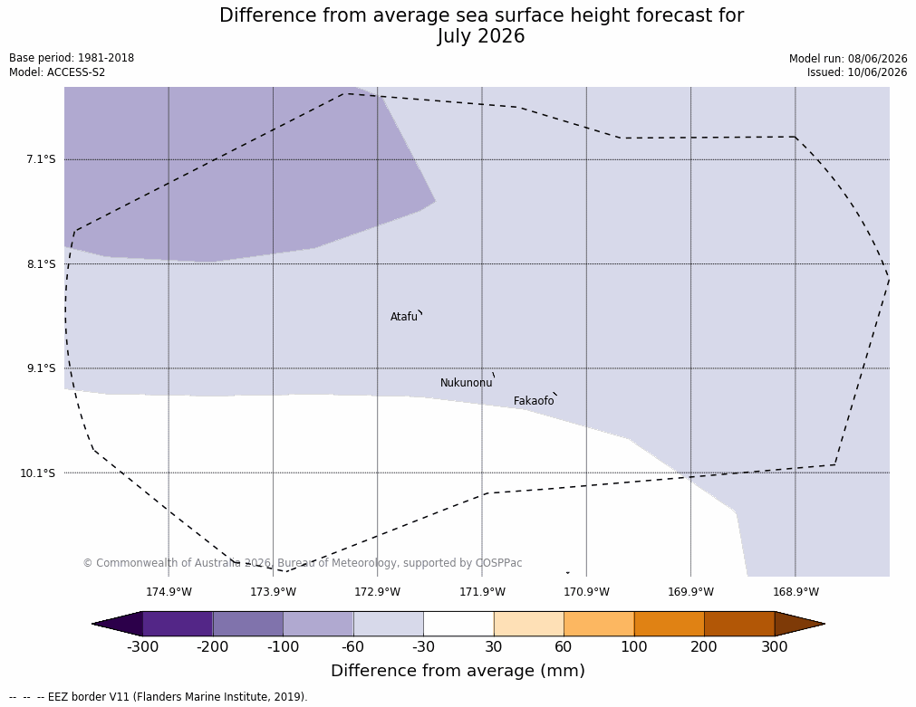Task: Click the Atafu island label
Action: coord(404,317)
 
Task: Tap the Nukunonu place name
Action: coord(467,383)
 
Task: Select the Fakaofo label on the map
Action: coord(534,401)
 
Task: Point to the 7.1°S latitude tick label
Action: coord(41,159)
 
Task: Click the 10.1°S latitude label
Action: coord(38,473)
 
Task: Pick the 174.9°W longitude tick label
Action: coord(169,592)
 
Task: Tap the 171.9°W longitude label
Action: coord(483,592)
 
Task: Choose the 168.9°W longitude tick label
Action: coord(795,592)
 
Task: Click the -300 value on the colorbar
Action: coord(142,647)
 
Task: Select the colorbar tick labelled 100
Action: coord(634,647)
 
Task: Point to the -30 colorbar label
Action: coord(423,647)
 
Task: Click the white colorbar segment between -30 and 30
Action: coord(458,624)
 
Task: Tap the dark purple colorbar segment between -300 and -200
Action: coord(178,624)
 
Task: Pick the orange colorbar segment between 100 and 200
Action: coord(669,624)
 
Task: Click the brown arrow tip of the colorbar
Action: coord(824,624)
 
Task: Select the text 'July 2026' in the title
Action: coord(481,36)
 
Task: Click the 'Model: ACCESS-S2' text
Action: coord(57,72)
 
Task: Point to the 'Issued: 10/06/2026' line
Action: coord(857,72)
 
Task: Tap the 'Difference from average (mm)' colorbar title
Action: coord(458,670)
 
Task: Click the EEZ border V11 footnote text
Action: coord(158,697)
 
